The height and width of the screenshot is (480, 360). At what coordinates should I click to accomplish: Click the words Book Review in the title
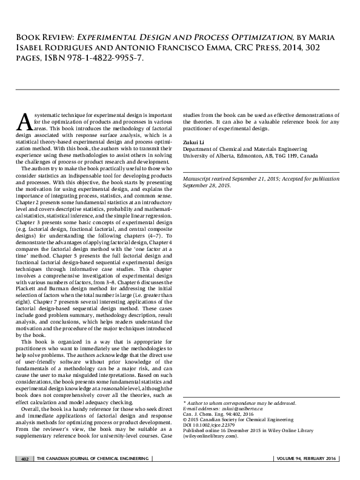(x=42, y=38)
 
